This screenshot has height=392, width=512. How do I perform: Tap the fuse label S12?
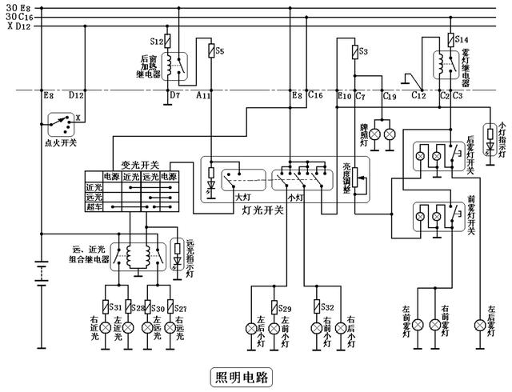coord(155,41)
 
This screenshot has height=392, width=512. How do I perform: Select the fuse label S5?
coord(220,51)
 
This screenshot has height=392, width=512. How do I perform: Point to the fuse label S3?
coord(362,51)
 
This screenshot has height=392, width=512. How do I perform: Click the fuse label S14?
coord(462,38)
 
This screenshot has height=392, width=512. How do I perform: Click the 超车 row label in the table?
coord(94,206)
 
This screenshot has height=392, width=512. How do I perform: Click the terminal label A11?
coord(203,95)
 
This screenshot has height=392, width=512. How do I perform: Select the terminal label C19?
coord(390,96)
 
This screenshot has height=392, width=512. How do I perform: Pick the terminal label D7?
coord(174,95)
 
